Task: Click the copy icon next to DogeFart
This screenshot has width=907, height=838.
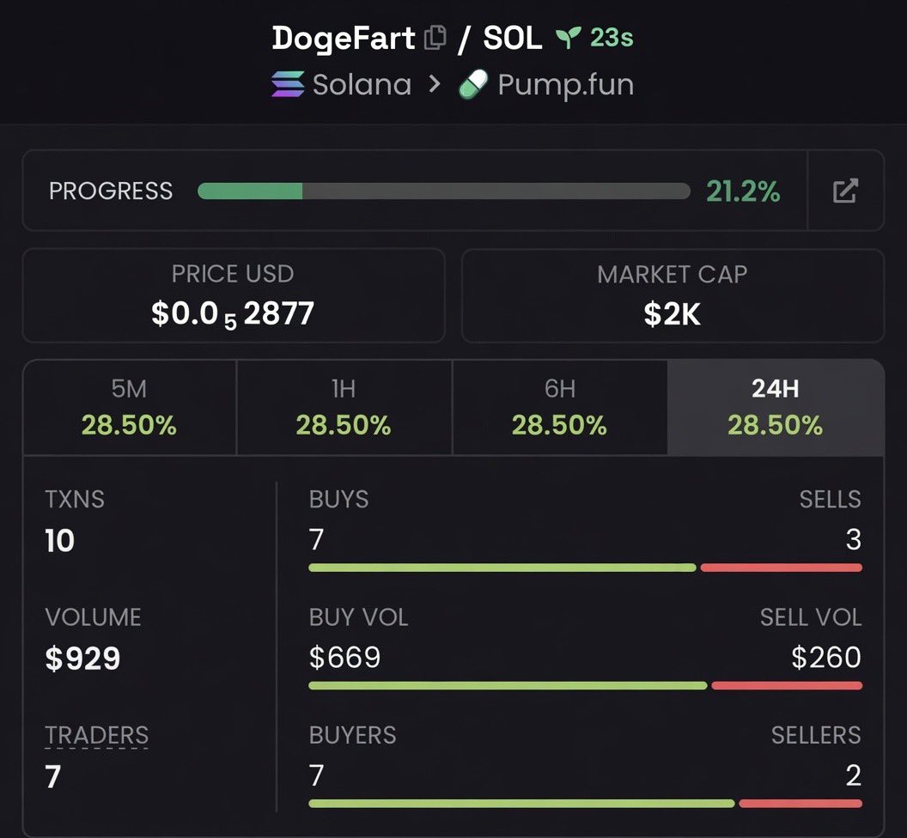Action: click(x=435, y=38)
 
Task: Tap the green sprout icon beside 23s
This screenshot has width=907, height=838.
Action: click(x=568, y=38)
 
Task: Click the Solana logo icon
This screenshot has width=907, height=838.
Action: click(x=288, y=84)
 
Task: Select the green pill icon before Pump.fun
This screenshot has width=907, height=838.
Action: click(x=473, y=84)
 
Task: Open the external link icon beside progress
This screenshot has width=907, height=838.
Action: click(x=845, y=191)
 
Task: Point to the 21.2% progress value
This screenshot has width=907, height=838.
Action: click(x=743, y=191)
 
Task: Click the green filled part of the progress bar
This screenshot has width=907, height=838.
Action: click(x=250, y=191)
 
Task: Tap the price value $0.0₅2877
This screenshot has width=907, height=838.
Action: click(x=233, y=314)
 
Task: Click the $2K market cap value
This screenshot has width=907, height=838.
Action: click(x=673, y=314)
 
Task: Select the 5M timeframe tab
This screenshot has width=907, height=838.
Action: click(x=129, y=408)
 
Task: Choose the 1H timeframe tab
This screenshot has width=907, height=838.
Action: click(x=344, y=408)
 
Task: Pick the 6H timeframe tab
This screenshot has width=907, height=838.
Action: click(x=559, y=408)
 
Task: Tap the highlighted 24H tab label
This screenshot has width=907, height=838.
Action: click(x=775, y=389)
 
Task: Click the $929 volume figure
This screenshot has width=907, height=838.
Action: click(x=82, y=659)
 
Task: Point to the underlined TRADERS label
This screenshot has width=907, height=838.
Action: click(x=96, y=735)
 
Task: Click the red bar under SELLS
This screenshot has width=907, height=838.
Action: click(x=781, y=568)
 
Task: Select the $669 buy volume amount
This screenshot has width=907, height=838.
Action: click(x=344, y=658)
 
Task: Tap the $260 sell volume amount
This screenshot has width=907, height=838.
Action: click(x=826, y=658)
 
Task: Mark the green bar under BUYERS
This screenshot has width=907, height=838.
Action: click(x=521, y=804)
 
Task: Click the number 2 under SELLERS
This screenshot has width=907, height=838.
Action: click(x=853, y=775)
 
